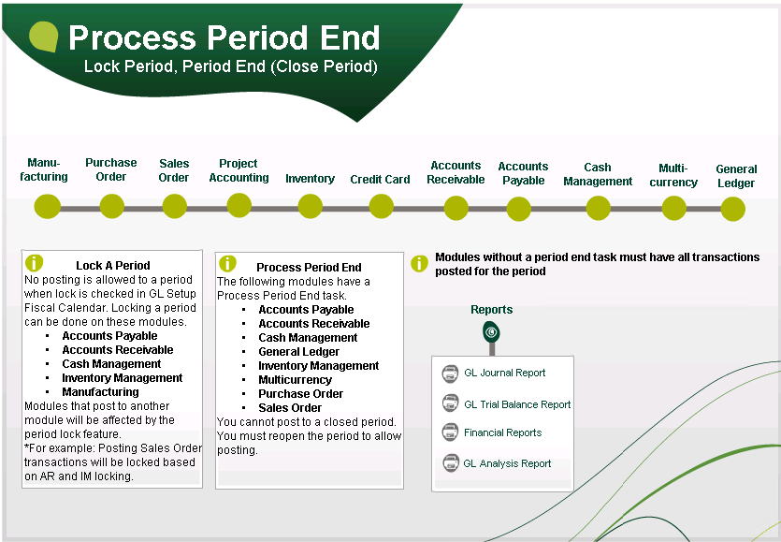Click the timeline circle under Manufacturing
pos(47,207)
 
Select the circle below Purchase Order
pos(112,207)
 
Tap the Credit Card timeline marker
pos(382,207)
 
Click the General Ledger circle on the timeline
pos(733,209)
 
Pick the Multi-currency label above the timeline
pos(673,176)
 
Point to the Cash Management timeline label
pos(598,175)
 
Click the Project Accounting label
pos(239,170)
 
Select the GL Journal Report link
pos(504,373)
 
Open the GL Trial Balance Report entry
pos(516,404)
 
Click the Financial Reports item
pos(502,432)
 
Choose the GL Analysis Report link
pos(507,463)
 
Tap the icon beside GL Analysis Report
pos(450,462)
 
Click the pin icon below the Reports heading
pos(491,332)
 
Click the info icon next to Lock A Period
pos(35,263)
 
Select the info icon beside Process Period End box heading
pos(227,264)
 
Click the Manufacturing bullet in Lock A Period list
pos(100,392)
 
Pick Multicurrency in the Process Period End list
pos(295,380)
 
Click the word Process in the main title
pos(132,38)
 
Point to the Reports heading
pos(491,310)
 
